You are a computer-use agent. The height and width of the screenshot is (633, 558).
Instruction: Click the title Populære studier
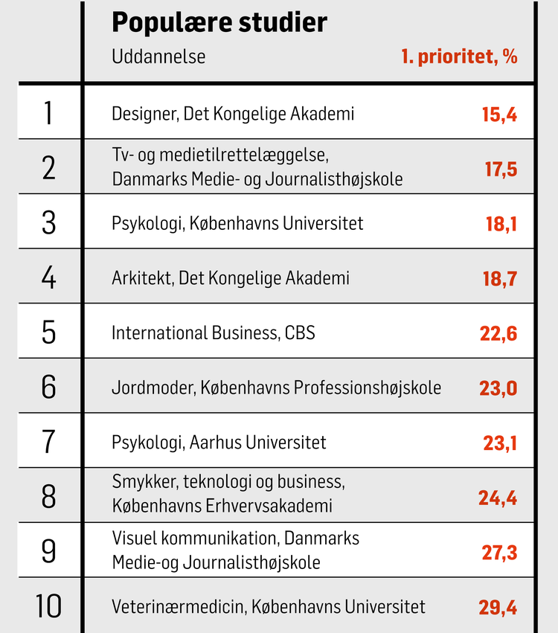point(219,23)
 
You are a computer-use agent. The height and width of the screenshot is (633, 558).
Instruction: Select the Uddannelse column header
point(158,57)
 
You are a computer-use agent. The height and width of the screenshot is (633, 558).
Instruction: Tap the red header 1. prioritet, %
point(459,57)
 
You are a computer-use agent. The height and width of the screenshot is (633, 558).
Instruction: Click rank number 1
point(49,114)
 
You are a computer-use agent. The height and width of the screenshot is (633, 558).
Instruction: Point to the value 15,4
point(499,115)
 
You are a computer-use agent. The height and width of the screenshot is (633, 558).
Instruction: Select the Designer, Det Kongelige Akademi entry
point(233,114)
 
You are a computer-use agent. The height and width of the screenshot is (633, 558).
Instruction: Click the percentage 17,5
point(501,170)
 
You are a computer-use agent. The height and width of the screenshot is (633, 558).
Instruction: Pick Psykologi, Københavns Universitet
point(237,223)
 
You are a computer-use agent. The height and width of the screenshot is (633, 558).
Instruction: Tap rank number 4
point(49,278)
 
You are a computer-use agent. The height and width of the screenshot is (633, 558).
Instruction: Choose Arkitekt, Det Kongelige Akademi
point(231,278)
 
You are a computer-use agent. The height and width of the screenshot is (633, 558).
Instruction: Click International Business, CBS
point(214,332)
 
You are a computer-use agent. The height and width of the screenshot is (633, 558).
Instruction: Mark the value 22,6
point(498,333)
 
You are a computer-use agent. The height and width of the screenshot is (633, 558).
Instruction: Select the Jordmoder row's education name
point(276,388)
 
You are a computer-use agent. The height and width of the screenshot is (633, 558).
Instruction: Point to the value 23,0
point(498,388)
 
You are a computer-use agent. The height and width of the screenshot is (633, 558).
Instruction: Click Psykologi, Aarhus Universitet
point(219,443)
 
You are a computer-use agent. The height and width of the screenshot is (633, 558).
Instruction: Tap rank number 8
point(49,497)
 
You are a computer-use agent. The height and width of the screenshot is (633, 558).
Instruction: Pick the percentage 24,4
point(498,498)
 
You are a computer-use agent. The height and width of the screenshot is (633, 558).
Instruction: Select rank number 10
point(49,606)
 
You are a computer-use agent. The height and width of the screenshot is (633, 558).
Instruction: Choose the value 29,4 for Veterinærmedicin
point(498,608)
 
